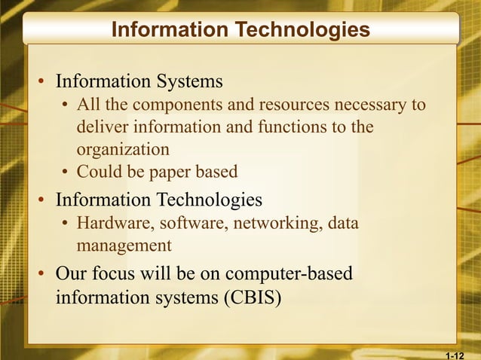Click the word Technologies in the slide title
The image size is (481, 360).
pos(302,29)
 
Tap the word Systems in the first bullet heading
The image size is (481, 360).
pos(191,81)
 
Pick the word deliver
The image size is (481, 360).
pos(101,127)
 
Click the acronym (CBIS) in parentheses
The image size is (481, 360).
pos(252,297)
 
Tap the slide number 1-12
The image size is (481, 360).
pos(455,353)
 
